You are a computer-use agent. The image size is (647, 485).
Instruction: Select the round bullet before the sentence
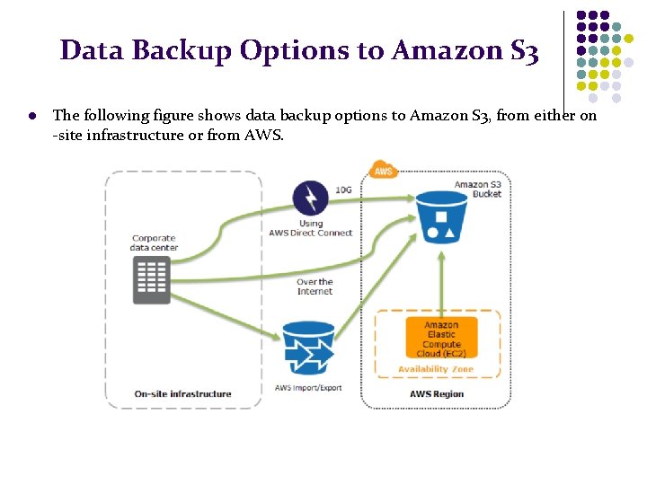tap(31, 116)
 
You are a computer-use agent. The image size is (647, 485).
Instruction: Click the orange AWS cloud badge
tap(384, 171)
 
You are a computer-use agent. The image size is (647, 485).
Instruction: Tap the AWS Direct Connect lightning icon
tap(311, 198)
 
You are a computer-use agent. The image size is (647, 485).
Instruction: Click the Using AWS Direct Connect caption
tap(310, 228)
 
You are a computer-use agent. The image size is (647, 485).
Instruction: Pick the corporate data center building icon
tap(152, 279)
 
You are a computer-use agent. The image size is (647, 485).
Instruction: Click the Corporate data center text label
tap(154, 242)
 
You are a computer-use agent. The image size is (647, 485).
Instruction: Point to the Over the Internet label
tap(315, 286)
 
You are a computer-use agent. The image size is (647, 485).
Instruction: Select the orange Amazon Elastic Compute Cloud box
tap(441, 339)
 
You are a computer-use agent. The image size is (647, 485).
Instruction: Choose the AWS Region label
tap(438, 394)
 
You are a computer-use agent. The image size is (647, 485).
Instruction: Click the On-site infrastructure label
tap(182, 393)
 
